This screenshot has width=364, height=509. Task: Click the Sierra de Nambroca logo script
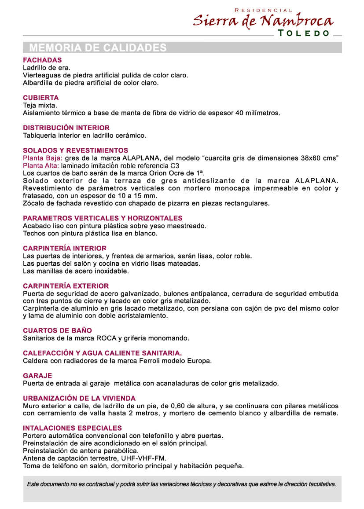263,21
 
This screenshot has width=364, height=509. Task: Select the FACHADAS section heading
42,60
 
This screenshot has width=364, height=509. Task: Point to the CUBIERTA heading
40,98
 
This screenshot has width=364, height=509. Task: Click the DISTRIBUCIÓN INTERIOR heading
66,128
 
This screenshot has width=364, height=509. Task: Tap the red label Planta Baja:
43,158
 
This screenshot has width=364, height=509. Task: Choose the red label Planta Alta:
41,166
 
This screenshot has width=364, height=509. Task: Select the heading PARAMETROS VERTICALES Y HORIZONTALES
103,218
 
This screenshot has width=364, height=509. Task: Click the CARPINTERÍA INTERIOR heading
65,249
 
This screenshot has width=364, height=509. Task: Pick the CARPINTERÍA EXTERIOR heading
66,286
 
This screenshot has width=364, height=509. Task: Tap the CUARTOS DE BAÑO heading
57,330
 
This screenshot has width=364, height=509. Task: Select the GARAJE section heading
37,376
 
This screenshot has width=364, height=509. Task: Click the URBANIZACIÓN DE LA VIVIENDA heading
79,398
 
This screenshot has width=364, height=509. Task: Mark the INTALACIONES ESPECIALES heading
72,428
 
